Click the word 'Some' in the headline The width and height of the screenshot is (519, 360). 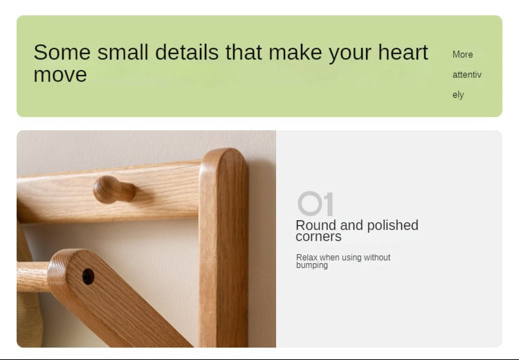click(x=62, y=53)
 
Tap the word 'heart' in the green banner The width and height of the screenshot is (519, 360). click(x=403, y=53)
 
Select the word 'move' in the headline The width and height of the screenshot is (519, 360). click(x=60, y=75)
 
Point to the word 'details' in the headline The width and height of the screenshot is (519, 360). click(x=187, y=53)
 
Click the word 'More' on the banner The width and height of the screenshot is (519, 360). click(x=462, y=54)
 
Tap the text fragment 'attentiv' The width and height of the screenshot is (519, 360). click(x=466, y=75)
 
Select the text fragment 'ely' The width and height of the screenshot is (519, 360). click(x=458, y=95)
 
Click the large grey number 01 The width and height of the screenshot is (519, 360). click(x=315, y=204)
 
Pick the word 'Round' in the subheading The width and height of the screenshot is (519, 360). click(x=316, y=225)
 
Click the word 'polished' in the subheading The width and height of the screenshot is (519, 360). click(x=392, y=226)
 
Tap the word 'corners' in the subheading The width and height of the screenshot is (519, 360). click(x=318, y=237)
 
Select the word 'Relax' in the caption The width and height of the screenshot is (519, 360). click(x=307, y=258)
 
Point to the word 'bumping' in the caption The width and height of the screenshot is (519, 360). click(x=312, y=265)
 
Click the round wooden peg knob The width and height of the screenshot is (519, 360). click(x=114, y=190)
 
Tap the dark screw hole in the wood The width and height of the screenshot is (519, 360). click(x=88, y=276)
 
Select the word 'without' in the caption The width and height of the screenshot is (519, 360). click(x=377, y=258)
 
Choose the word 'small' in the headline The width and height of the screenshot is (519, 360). click(x=122, y=53)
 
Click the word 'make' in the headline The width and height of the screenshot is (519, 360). click(x=295, y=53)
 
